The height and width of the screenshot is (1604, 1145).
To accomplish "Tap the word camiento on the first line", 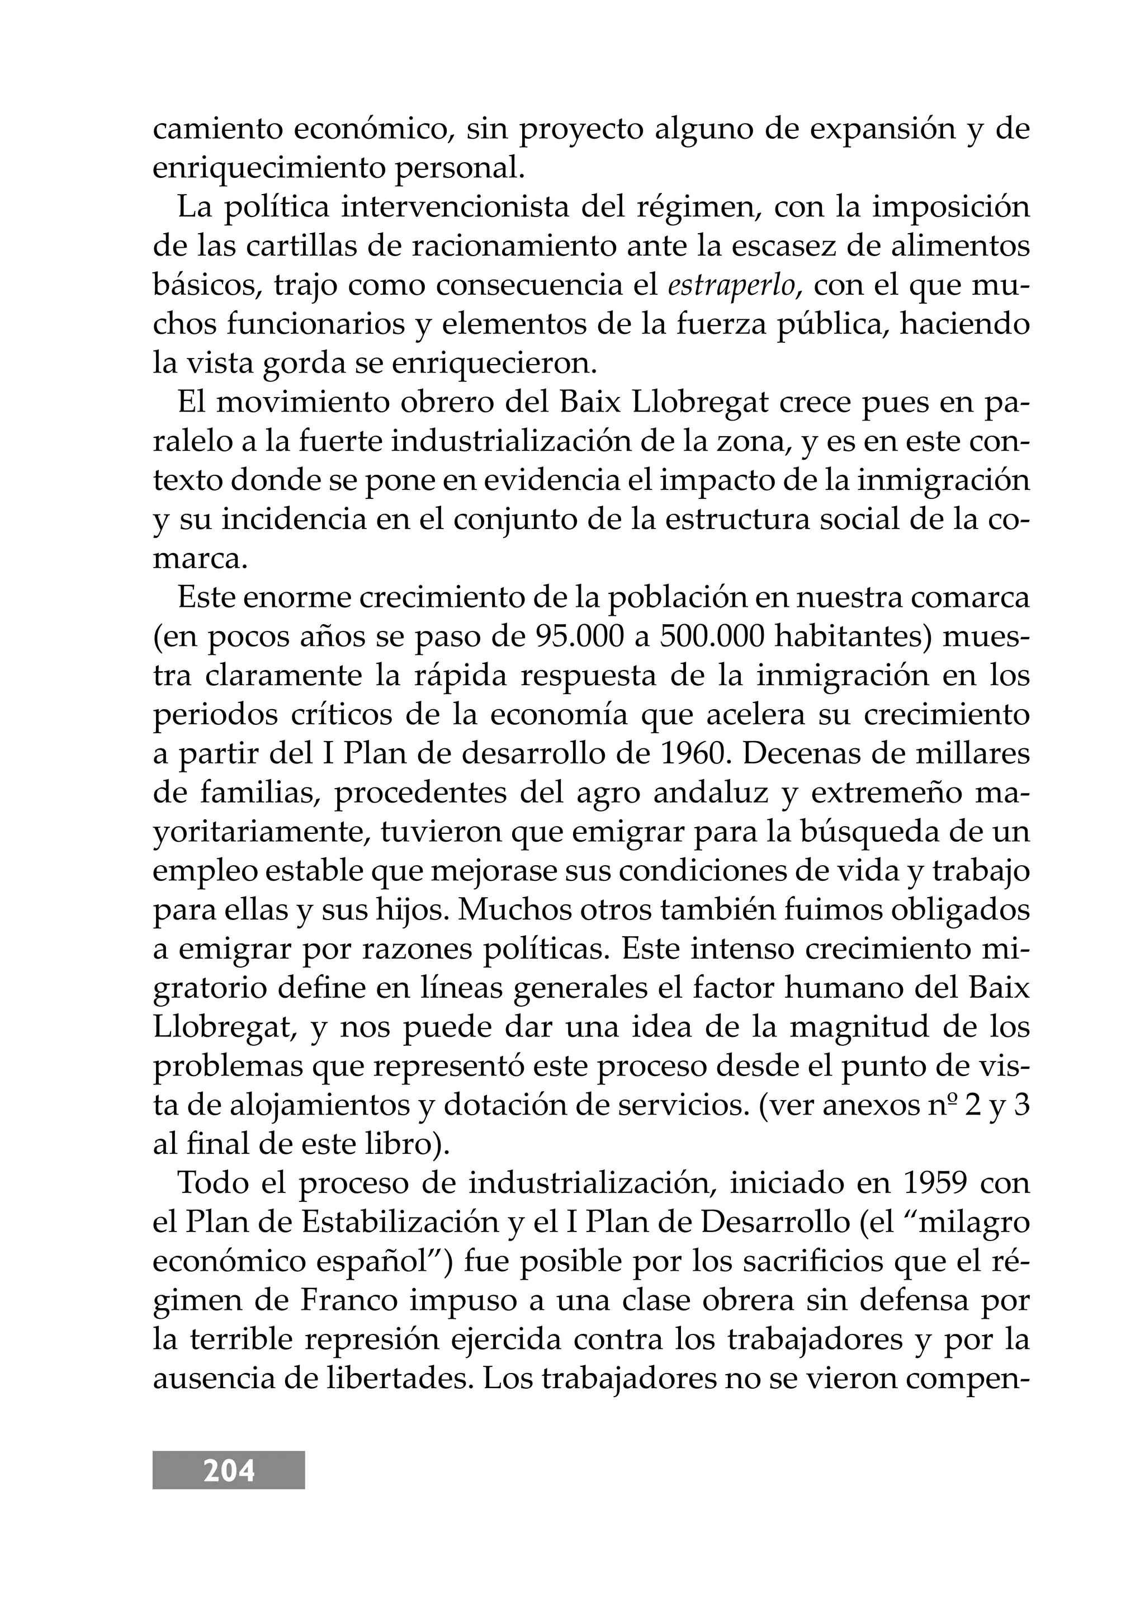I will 216,130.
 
